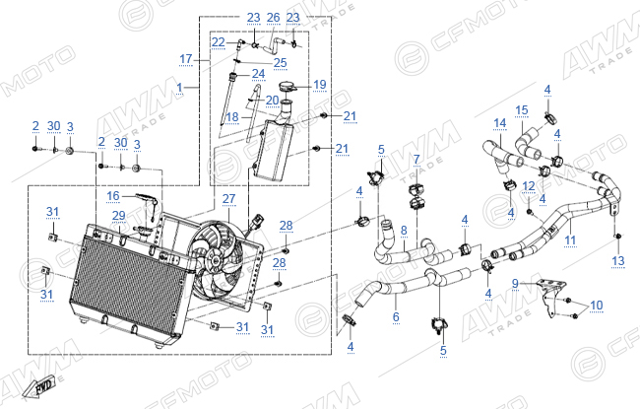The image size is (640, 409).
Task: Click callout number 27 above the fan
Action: click(228, 199)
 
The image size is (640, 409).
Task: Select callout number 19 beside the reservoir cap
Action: click(320, 85)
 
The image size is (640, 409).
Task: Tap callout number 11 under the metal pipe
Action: click(570, 239)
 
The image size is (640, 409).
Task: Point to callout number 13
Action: click(618, 261)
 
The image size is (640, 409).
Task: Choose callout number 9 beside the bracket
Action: click(515, 283)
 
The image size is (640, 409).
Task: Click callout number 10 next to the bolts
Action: click(597, 306)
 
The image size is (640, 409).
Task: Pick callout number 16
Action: click(113, 196)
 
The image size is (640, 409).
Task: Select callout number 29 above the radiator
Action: click(119, 215)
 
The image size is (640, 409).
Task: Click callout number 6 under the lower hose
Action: click(396, 316)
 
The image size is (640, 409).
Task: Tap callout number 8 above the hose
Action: click(404, 231)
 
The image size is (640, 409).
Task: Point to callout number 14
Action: click(500, 123)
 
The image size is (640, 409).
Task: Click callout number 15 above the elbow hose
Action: click(522, 110)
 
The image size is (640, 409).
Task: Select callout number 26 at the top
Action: click(273, 18)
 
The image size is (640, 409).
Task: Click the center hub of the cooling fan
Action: click(213, 258)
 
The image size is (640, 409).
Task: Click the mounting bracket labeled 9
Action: click(551, 298)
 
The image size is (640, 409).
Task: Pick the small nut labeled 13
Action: click(618, 237)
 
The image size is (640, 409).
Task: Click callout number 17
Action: click(186, 59)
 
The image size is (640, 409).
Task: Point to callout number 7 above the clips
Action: click(416, 160)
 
